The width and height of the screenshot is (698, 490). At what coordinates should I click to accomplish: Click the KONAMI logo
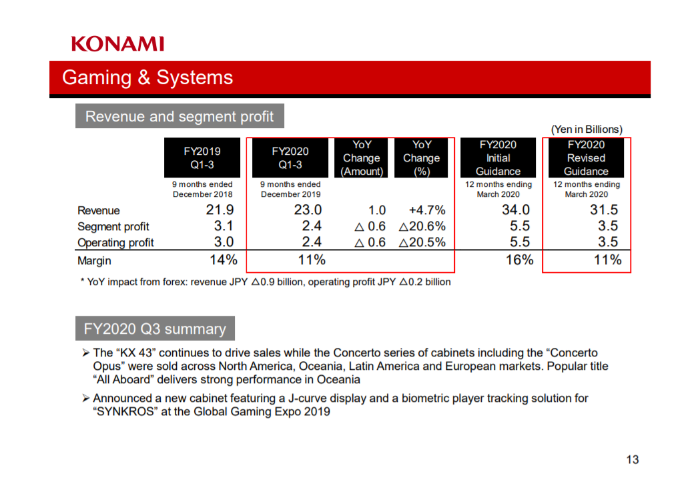pos(117,44)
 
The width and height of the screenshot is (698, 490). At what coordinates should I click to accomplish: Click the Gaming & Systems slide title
pos(147,77)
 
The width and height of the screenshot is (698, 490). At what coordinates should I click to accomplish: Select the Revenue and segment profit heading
pos(180,116)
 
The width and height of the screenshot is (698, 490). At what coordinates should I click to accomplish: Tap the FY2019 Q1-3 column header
pos(202,158)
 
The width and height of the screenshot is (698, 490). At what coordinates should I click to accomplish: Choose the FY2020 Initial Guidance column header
pos(498,158)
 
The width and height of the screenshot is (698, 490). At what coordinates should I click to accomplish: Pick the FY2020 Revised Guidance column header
pos(586,158)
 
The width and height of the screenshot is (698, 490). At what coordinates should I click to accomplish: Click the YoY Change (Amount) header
pos(362,158)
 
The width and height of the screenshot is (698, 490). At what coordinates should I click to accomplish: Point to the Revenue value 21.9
pos(220,210)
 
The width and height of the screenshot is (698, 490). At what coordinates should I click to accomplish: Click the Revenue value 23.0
pos(308,210)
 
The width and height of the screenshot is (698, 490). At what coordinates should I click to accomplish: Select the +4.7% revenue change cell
pos(427,210)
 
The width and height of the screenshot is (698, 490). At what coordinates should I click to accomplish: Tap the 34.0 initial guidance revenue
pos(516,210)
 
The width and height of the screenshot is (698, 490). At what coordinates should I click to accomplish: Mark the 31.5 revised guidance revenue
pos(604,210)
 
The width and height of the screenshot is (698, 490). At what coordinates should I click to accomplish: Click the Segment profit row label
pos(113,227)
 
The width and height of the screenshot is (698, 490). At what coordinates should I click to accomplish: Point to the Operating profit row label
pos(115,243)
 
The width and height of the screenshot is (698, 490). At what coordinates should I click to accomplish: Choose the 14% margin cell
pos(224,260)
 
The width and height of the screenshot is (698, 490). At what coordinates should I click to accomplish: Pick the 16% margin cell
pos(519,260)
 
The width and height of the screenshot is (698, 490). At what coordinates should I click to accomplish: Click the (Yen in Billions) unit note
pos(587,130)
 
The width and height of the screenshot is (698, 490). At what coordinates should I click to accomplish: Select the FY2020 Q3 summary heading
pos(155,328)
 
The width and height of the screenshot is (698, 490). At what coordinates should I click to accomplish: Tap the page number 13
pos(633,460)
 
